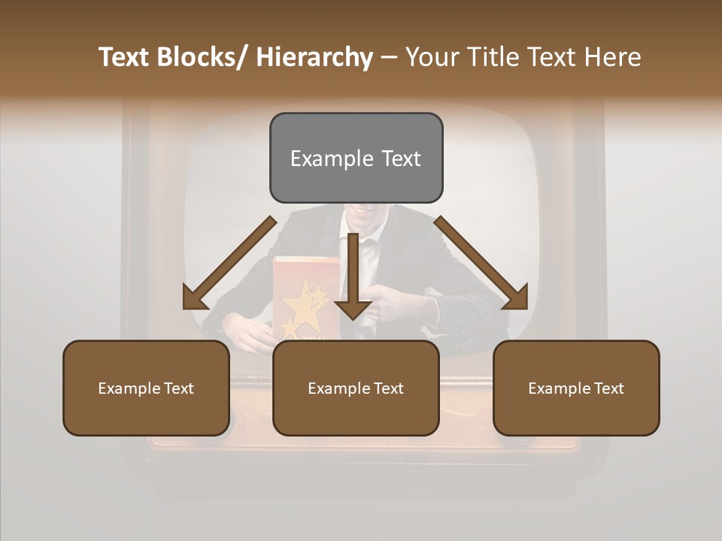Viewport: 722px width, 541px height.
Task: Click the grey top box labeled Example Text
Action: (356, 158)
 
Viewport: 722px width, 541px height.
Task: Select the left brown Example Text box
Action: (146, 388)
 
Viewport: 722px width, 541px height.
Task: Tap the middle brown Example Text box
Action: (356, 388)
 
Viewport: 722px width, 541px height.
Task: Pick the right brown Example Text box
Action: (576, 388)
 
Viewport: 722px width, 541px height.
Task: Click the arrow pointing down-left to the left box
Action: (229, 263)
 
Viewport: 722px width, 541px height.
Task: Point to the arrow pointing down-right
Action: (481, 263)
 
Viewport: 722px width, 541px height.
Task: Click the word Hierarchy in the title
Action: (314, 57)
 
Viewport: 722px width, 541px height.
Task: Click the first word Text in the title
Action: (125, 57)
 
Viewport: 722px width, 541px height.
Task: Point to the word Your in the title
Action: (431, 57)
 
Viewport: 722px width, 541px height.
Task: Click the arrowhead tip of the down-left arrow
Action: (186, 307)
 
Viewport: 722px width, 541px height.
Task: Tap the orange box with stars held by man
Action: (305, 297)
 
